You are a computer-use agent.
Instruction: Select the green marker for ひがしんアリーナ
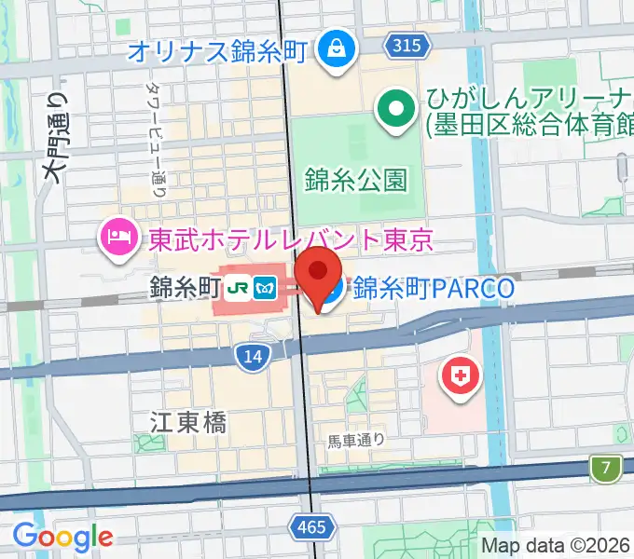(396, 111)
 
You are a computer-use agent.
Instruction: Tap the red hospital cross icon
(458, 377)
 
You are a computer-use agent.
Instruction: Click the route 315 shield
(406, 45)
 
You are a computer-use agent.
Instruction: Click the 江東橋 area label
(187, 422)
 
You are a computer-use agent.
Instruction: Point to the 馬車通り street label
(356, 440)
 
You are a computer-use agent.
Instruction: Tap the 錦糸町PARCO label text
(434, 289)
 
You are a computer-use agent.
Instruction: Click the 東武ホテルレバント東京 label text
(291, 240)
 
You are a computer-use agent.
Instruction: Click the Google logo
(62, 537)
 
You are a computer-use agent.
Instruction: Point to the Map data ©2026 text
(556, 545)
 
